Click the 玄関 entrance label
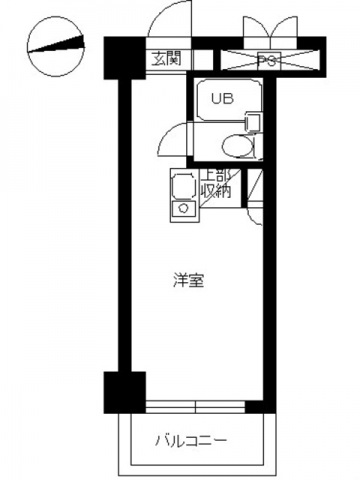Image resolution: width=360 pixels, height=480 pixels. pos(166,58)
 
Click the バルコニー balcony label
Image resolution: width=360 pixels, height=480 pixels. pos(191,440)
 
